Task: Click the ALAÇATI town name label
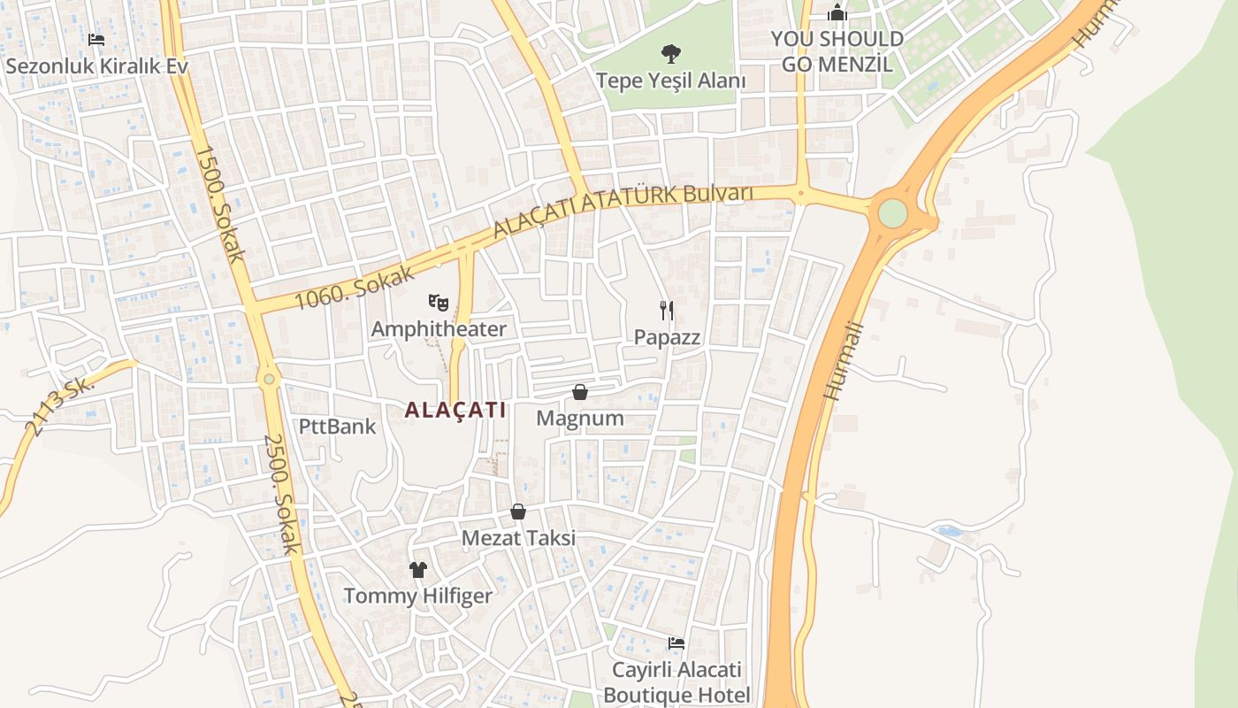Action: (x=455, y=410)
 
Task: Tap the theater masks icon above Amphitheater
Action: (x=439, y=303)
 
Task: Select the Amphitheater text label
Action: (x=439, y=329)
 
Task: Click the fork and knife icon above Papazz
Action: (x=667, y=310)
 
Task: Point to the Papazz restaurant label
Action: (x=667, y=337)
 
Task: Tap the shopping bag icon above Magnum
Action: (x=580, y=392)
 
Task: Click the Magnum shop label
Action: (x=580, y=418)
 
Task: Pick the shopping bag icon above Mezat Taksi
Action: (x=518, y=512)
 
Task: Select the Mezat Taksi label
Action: (x=518, y=537)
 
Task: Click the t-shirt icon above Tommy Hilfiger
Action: (x=417, y=569)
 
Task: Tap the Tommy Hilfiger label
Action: (x=417, y=596)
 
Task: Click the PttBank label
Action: (x=337, y=427)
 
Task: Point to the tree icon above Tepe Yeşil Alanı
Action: (x=671, y=54)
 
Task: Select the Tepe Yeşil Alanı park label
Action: (x=671, y=81)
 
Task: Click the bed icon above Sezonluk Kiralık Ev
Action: (x=96, y=40)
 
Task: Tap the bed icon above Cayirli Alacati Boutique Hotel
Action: (x=676, y=643)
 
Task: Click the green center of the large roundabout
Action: (x=893, y=213)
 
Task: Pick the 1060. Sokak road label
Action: (x=354, y=285)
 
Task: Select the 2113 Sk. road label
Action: (x=59, y=406)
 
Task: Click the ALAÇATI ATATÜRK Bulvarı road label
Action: (x=623, y=210)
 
